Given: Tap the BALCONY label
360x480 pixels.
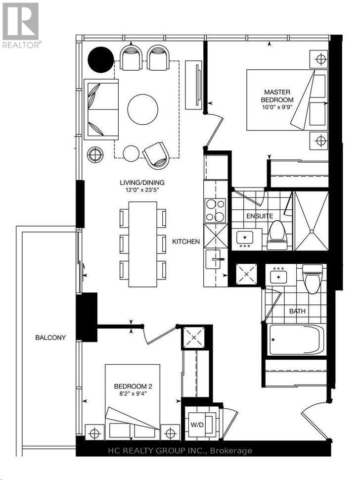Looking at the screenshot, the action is pos(50,337).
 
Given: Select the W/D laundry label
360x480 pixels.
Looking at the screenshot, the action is pos(197,425).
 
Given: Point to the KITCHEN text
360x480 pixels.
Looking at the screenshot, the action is pos(186,241).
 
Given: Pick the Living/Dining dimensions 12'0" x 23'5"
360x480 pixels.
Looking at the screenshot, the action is pos(141,190).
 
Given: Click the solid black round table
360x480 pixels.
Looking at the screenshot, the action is pos(101,60).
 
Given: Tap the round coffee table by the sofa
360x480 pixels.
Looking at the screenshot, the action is pos(143,109).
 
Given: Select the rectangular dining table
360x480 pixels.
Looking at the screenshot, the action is pos(143,244).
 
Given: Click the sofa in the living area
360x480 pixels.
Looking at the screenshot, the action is pos(101,109).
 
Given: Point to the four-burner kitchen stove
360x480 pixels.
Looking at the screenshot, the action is pos(216,211).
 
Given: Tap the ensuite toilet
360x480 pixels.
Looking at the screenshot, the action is pos(277,235).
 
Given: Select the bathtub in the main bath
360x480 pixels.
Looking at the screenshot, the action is pos(296,340).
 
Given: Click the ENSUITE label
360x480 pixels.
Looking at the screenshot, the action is pos(260,216).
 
